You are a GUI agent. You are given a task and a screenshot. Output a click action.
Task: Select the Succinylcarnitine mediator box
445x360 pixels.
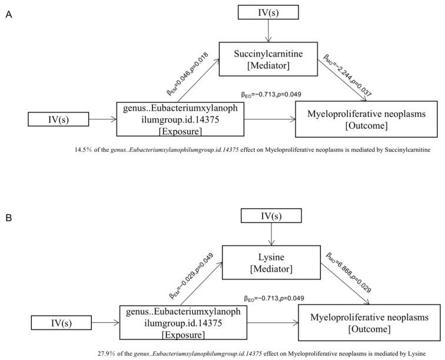269,59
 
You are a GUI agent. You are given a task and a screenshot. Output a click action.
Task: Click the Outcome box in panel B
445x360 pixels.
369,322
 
